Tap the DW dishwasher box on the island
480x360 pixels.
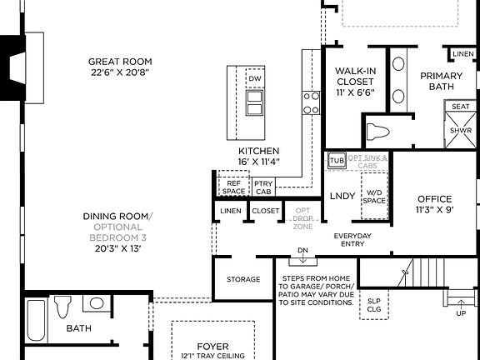pyautogui.click(x=256, y=80)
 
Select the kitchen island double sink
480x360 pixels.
pyautogui.click(x=255, y=102)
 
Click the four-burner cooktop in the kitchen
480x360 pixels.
pyautogui.click(x=311, y=102)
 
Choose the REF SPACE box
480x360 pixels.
pyautogui.click(x=234, y=187)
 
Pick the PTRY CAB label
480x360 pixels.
pyautogui.click(x=263, y=187)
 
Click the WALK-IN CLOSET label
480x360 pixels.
pyautogui.click(x=355, y=82)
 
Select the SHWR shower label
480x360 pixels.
pyautogui.click(x=460, y=131)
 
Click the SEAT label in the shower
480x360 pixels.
pyautogui.click(x=460, y=107)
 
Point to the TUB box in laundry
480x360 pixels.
pyautogui.click(x=337, y=161)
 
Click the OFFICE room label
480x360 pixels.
pyautogui.click(x=434, y=204)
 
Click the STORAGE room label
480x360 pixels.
pyautogui.click(x=243, y=280)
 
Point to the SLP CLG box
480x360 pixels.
pyautogui.click(x=373, y=305)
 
